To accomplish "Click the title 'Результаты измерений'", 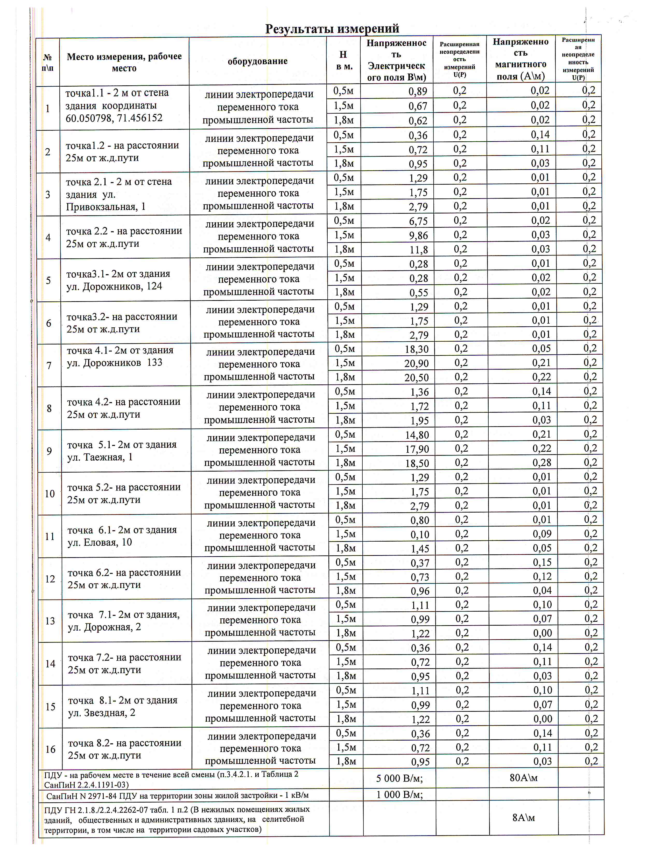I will pos(332,28).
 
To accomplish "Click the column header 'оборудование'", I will pos(257,61).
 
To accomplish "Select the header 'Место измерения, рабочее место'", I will pos(124,62).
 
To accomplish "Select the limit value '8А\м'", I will pos(524,818).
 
